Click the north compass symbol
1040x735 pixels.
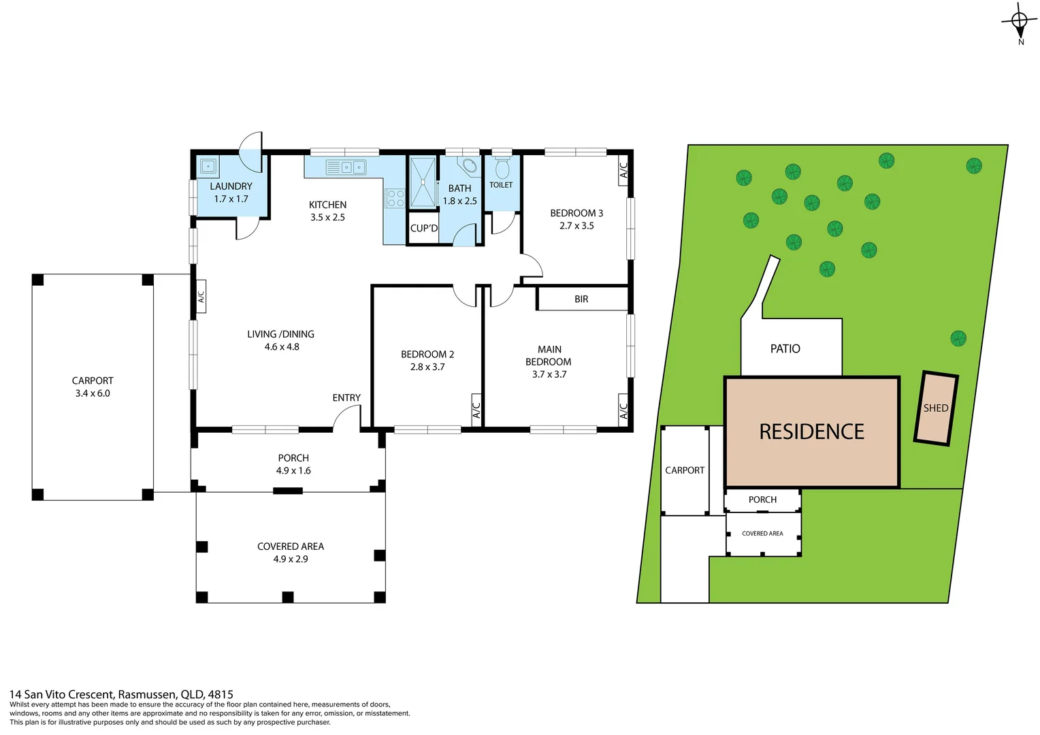click(x=1019, y=22)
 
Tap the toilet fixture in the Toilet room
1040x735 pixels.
click(x=502, y=167)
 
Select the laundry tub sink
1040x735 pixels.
click(x=208, y=165)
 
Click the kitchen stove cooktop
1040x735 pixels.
click(x=395, y=198)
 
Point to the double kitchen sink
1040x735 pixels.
click(x=346, y=167)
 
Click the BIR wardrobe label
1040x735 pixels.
click(x=581, y=299)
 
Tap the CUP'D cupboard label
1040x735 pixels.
click(x=423, y=228)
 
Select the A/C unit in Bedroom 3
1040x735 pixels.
click(x=623, y=170)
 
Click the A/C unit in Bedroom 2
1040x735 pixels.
click(x=476, y=410)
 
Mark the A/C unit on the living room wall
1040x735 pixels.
click(x=201, y=297)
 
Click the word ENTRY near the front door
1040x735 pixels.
click(x=346, y=397)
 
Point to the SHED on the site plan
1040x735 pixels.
click(x=936, y=408)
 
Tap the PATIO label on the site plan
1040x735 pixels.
click(x=785, y=348)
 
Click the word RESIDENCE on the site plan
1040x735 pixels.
click(x=811, y=431)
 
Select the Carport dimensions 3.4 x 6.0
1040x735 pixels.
click(x=93, y=393)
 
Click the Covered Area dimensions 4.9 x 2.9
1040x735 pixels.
click(x=291, y=559)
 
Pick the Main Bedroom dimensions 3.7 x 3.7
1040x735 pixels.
click(x=549, y=374)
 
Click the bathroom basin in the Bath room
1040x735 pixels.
click(x=468, y=165)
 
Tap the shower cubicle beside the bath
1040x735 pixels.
click(x=423, y=182)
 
